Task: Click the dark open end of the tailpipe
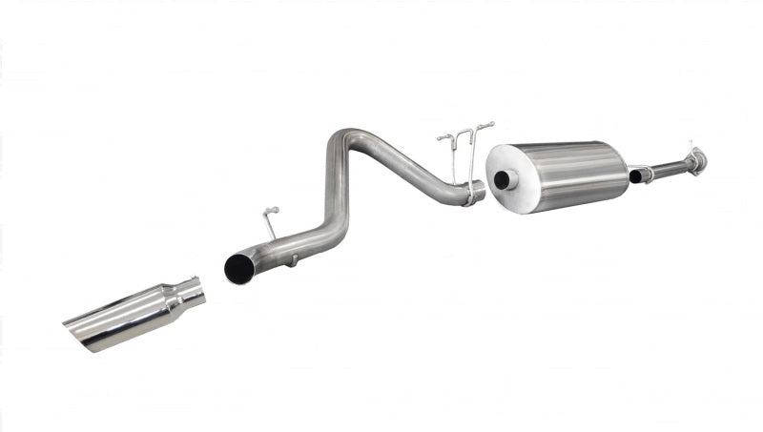pyautogui.click(x=237, y=268)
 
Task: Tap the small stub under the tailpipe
pyautogui.click(x=294, y=258)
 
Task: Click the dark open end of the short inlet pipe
pyautogui.click(x=635, y=177)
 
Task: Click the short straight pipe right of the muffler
pyautogui.click(x=668, y=169)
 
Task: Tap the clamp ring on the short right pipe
pyautogui.click(x=649, y=174)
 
